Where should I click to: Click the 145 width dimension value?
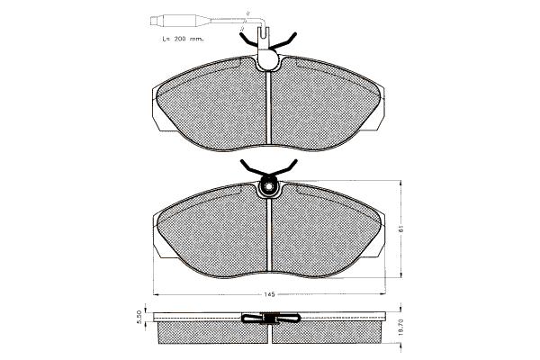(269, 294)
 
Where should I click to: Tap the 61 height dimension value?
(401, 229)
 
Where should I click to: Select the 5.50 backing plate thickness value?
(139, 317)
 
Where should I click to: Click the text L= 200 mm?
(183, 39)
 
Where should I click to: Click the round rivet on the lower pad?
(268, 187)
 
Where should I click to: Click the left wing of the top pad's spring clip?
(248, 40)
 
